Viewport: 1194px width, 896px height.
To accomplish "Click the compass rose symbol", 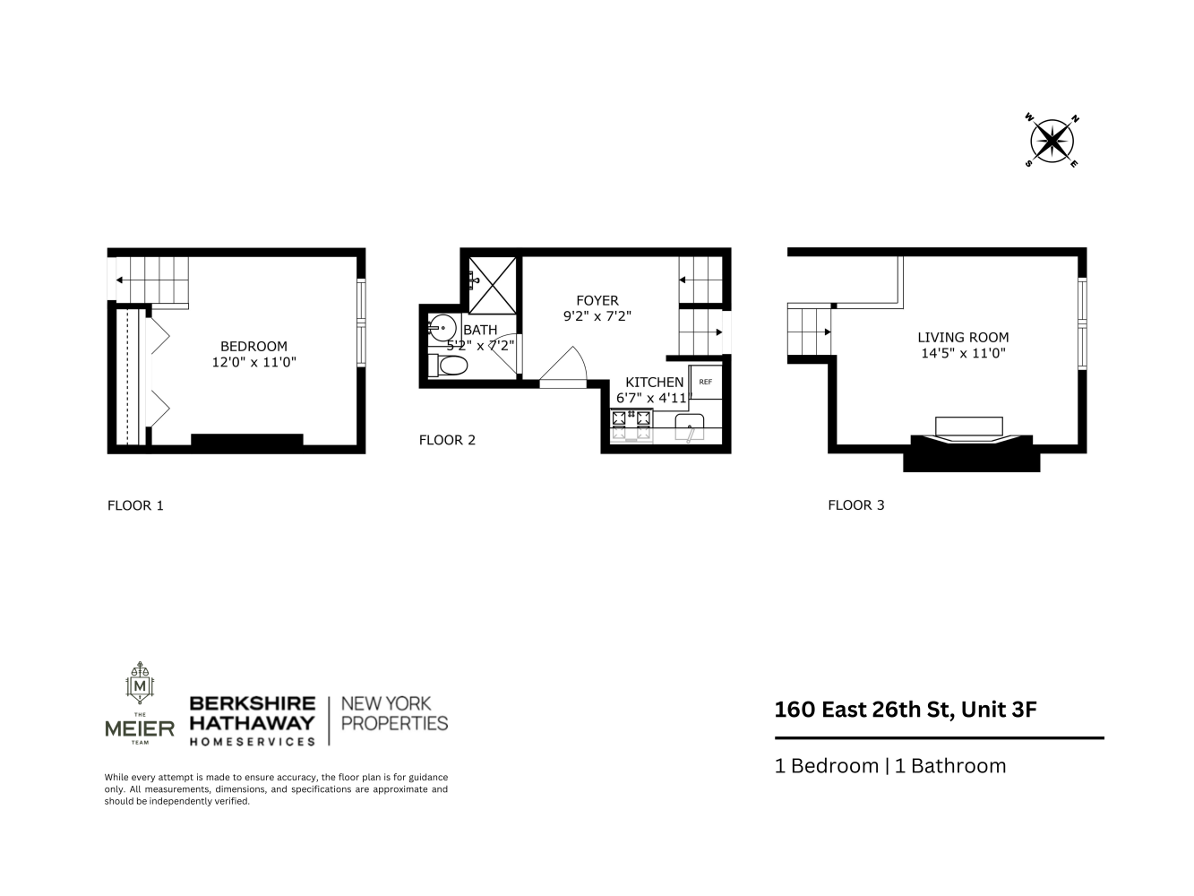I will coord(1052,141).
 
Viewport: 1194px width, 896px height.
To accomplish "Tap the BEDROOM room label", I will coord(253,347).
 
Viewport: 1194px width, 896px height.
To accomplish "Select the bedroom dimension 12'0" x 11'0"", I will coord(253,363).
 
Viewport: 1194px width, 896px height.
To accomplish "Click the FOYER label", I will coord(597,300).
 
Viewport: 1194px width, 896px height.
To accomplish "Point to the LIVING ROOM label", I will coord(963,338).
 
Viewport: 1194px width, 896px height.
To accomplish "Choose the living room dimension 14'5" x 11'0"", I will coord(963,353).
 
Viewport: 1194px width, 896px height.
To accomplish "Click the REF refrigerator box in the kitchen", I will coord(706,383).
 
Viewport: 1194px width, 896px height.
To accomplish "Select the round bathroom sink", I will coord(442,327).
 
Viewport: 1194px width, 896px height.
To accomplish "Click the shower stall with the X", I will coord(492,282).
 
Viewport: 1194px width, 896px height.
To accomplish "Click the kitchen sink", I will coord(690,427).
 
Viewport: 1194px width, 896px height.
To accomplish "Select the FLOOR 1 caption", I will coord(135,505).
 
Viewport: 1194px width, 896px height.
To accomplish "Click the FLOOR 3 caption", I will coord(855,505).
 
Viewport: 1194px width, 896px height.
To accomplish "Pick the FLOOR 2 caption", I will coord(447,440).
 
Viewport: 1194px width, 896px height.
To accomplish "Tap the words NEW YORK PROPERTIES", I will coord(395,713).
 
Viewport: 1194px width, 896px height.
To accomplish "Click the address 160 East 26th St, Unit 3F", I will coord(906,710).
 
